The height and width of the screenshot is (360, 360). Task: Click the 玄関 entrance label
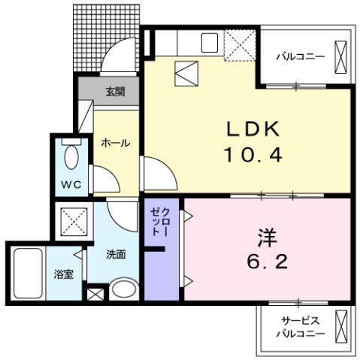coord(115,92)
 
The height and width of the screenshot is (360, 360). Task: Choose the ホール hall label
coord(115,142)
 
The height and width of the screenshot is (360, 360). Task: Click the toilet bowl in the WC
coord(71,157)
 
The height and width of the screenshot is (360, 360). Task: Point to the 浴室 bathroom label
coord(62,274)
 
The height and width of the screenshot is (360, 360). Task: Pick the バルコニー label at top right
coord(299,56)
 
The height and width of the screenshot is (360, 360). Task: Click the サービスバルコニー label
coord(300,327)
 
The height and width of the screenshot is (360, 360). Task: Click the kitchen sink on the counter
coord(209,42)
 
